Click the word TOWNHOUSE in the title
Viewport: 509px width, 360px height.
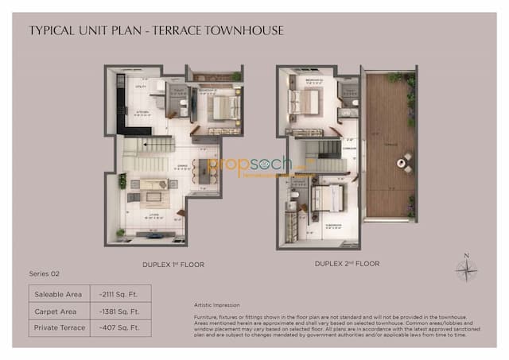pyautogui.click(x=242, y=31)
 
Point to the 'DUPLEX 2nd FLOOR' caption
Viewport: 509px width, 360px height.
pyautogui.click(x=347, y=263)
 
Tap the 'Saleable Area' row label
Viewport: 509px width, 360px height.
pyautogui.click(x=56, y=295)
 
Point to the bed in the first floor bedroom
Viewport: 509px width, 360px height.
pyautogui.click(x=225, y=107)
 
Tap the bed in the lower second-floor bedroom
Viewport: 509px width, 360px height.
pyautogui.click(x=326, y=198)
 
